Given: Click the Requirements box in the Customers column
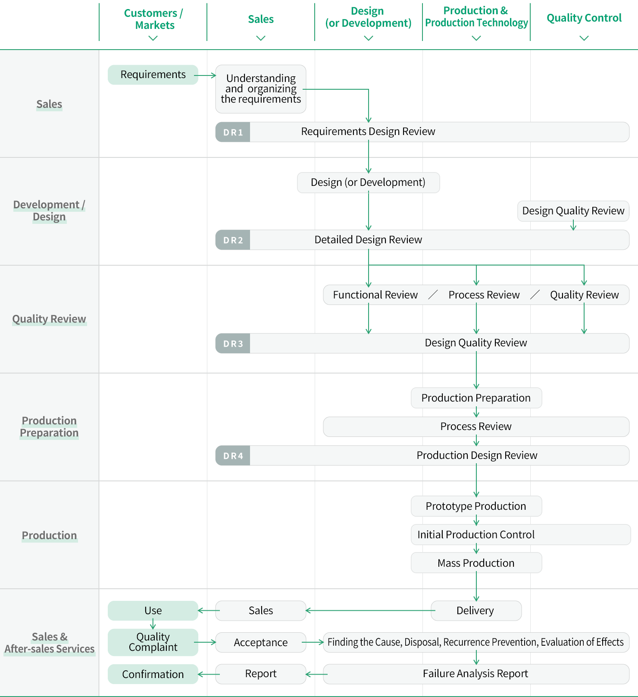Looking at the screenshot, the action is coord(153,75).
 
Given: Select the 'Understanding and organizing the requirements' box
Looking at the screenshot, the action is coord(261,89).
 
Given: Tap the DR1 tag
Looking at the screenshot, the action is coord(233,132).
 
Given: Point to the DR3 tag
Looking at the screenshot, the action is coord(233,343).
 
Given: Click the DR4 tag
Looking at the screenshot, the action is coord(233,455).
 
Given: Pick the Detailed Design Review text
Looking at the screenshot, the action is coord(368,240).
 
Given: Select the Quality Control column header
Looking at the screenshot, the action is coord(584,18).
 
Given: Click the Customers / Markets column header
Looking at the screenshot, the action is coord(153,19).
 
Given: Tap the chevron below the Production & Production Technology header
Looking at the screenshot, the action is coord(476,38).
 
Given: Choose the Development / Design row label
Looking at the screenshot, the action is coord(49,210).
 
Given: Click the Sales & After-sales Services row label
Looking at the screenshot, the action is coord(50,643).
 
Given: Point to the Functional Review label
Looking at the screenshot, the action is coord(375,295).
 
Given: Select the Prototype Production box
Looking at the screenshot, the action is coord(476,506).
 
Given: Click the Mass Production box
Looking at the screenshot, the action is coord(476,563).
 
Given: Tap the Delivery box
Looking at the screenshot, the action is coord(476,611).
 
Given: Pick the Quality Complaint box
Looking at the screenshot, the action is coord(153,642).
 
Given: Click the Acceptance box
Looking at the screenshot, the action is coord(261,643).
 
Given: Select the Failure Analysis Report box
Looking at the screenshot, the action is coord(476,674).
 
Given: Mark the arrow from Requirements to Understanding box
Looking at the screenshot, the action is coord(205,75).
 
